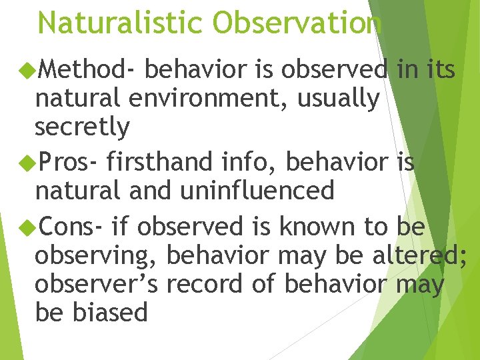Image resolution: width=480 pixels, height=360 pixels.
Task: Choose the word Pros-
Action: (69, 161)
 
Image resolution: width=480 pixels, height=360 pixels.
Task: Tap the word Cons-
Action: (71, 227)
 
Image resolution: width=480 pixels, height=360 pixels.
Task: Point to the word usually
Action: (338, 99)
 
